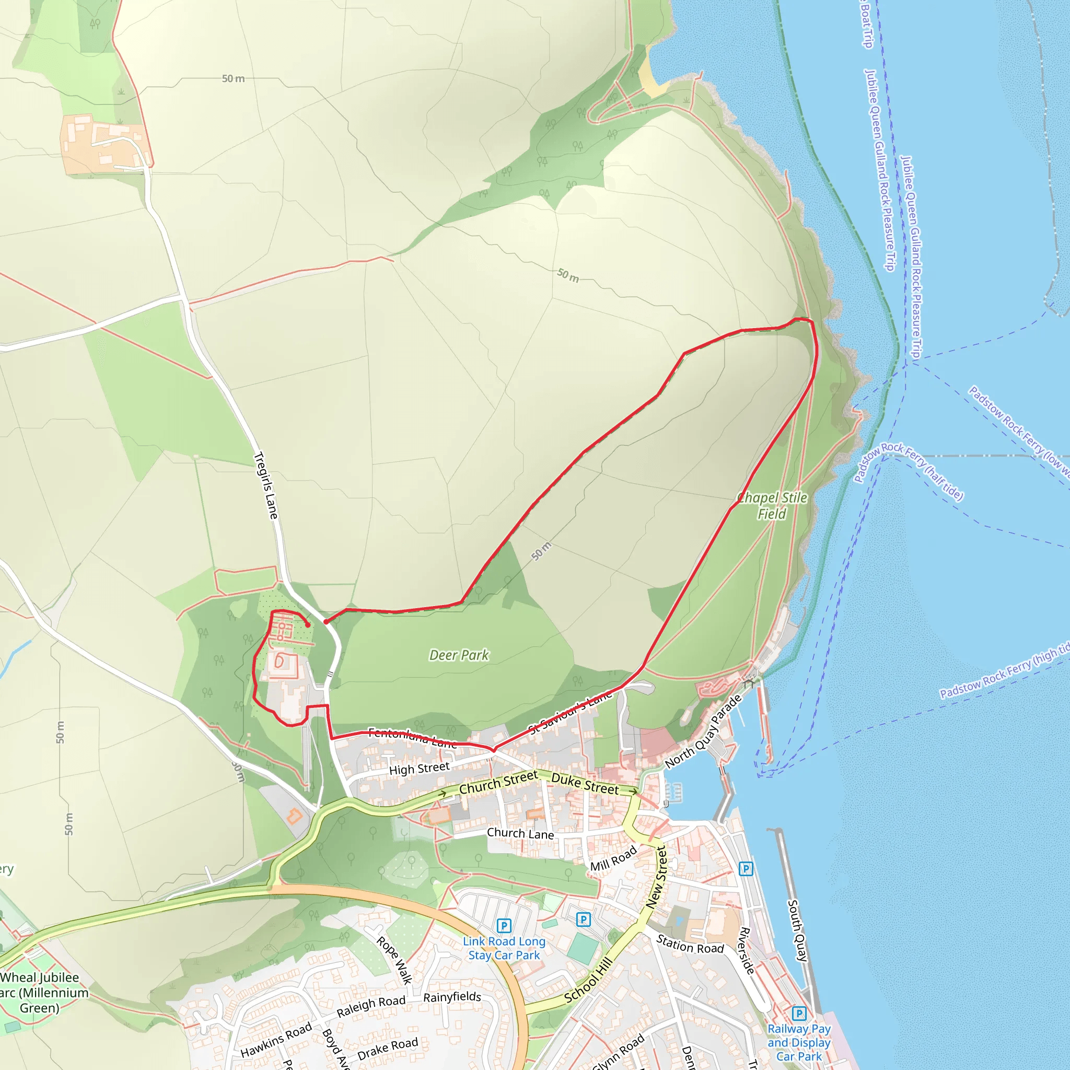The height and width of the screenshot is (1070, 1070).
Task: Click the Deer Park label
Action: tap(459, 656)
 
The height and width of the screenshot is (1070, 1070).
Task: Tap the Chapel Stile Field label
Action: tap(773, 506)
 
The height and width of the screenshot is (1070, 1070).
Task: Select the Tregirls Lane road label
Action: tap(266, 486)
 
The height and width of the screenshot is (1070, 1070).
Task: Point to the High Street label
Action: tap(419, 769)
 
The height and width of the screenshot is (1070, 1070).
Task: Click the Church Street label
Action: tap(498, 782)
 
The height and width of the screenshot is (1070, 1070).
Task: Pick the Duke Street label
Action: tap(585, 784)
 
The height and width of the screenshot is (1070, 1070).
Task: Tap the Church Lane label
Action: tap(520, 833)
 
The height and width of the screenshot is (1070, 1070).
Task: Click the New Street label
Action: tap(656, 877)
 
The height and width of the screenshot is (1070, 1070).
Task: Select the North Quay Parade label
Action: tap(703, 731)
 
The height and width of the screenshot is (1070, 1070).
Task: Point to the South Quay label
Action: tap(797, 931)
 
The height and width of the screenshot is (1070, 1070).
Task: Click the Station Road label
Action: tap(690, 944)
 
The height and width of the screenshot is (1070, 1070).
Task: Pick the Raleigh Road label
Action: tap(371, 1006)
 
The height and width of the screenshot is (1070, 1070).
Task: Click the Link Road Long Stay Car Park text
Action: tap(504, 948)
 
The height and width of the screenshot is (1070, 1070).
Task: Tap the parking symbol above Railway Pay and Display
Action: tap(799, 1014)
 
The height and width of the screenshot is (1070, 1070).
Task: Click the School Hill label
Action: tap(588, 980)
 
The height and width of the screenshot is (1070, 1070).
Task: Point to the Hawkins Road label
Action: tap(276, 1040)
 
